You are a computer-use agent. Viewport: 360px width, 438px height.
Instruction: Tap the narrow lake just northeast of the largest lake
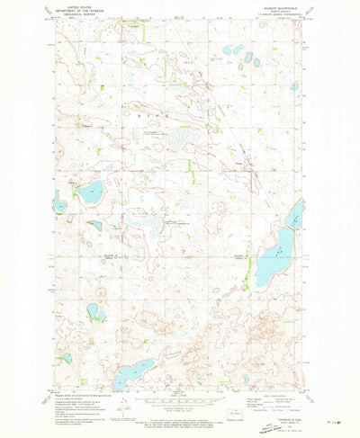point(295,215)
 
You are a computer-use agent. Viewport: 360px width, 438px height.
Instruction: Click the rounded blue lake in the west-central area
point(90,191)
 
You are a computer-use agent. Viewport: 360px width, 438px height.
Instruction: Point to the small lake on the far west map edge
point(59,204)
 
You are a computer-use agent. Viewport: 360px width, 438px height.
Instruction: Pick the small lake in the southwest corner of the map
point(66,358)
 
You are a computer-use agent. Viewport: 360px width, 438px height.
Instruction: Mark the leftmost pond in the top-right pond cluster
point(229,51)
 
